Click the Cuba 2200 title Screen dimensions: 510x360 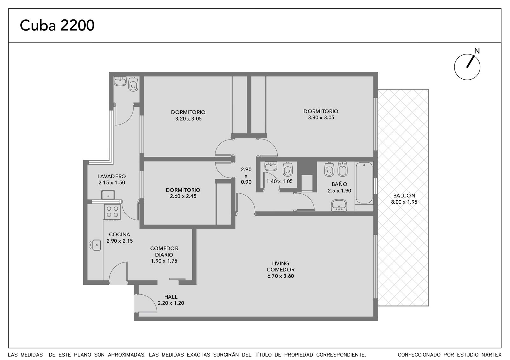coord(57,25)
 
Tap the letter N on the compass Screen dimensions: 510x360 coord(477,51)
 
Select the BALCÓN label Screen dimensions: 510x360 coord(404,196)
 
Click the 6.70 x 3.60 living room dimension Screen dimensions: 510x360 coord(280,276)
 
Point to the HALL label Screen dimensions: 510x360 coord(171,297)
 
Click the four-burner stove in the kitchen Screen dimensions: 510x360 coord(112,212)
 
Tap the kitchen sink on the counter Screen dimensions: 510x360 coord(97,245)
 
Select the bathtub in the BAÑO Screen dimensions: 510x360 coord(364,183)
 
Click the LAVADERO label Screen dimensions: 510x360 coord(112,176)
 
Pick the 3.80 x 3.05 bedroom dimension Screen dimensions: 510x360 coord(321,118)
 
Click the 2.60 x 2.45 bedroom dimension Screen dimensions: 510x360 coord(183,196)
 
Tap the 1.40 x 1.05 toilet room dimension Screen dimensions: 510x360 coord(279,181)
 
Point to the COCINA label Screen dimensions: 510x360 coord(120,234)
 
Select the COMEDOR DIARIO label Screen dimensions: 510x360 coord(164,251)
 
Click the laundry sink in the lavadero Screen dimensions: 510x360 coord(108,195)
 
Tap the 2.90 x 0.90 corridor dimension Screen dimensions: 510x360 coord(246,176)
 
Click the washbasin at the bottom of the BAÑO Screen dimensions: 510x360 coord(339,205)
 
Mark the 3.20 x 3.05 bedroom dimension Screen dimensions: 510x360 coord(188,119)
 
